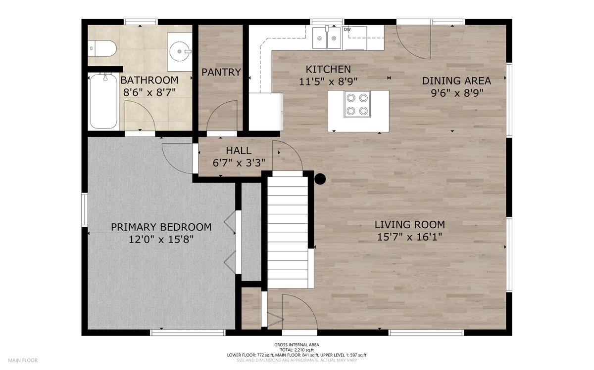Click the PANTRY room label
(221, 72)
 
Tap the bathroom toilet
(102, 48)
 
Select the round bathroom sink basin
(180, 51)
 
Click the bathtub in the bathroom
(103, 101)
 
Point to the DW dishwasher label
(347, 29)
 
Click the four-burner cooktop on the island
(357, 104)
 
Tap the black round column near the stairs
(320, 179)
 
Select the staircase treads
(288, 232)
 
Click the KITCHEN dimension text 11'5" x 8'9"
(328, 82)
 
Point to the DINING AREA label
(456, 81)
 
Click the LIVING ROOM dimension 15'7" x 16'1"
(409, 237)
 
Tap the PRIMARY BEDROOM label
(161, 227)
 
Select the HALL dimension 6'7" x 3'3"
(239, 163)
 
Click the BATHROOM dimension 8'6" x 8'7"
(149, 93)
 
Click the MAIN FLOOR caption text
(23, 360)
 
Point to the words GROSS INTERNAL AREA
(297, 345)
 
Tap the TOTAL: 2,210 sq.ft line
(297, 350)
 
